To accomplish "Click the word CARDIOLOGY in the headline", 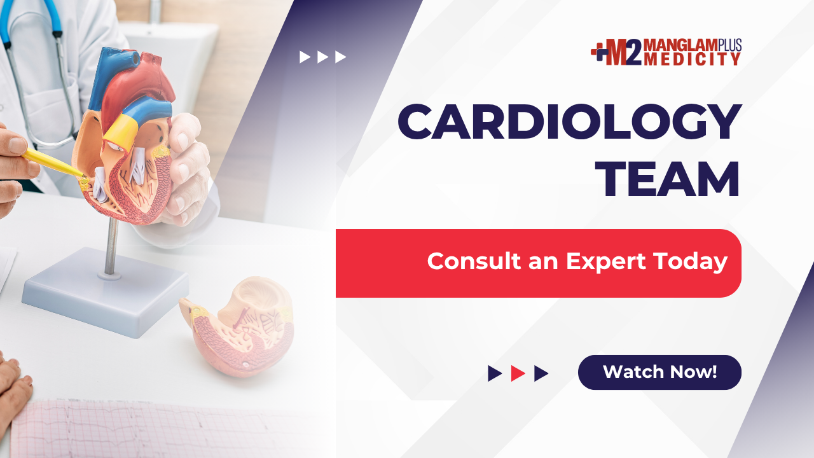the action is [x=569, y=121].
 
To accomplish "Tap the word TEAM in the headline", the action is [x=667, y=179].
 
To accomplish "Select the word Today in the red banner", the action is [x=691, y=261].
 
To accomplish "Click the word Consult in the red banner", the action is [x=474, y=261].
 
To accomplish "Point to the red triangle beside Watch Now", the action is [x=518, y=373].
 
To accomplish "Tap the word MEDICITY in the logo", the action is [x=693, y=59].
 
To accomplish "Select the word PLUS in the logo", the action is [x=729, y=45].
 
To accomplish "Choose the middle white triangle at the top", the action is [x=322, y=57].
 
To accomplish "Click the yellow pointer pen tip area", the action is [x=82, y=177].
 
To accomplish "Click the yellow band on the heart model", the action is [x=121, y=130].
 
